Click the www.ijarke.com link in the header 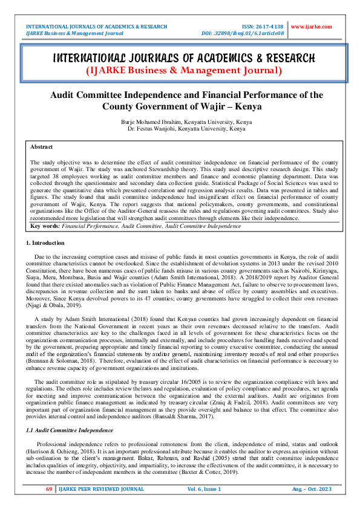[312, 27]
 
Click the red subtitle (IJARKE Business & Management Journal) [184, 71]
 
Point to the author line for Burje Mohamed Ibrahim [186, 122]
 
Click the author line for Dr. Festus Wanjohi [186, 129]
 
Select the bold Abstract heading [41, 147]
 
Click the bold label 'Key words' [42, 225]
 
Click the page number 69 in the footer [49, 488]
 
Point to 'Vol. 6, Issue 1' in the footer [205, 488]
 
